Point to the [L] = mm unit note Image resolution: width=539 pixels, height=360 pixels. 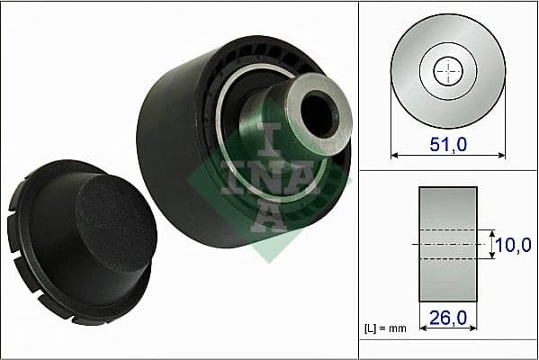[x=385, y=328]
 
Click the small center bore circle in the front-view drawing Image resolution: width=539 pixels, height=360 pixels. [x=447, y=72]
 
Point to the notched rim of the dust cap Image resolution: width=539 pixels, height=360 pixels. [x=36, y=270]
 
